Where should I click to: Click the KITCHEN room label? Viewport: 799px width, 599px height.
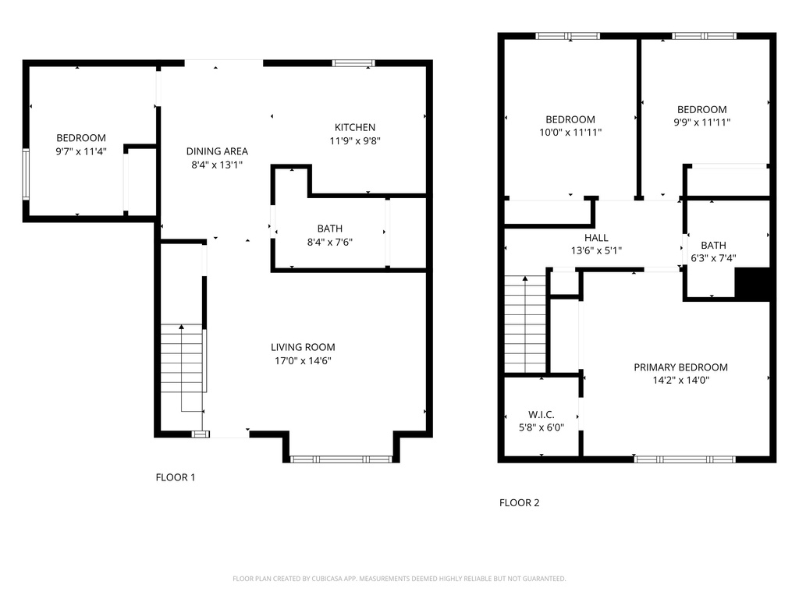point(355,127)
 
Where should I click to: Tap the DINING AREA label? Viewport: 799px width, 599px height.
point(217,151)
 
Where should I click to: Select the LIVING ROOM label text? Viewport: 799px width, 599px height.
point(303,347)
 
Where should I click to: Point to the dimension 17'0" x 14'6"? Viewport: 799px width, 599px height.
point(303,361)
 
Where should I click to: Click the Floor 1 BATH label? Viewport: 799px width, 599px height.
point(330,229)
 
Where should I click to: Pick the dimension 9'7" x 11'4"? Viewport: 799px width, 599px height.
point(81,151)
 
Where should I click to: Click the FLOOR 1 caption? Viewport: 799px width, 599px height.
point(176,477)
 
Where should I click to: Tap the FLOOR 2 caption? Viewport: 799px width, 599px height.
point(519,503)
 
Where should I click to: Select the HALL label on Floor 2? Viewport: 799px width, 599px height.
point(596,238)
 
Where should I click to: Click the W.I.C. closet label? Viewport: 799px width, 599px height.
point(542,415)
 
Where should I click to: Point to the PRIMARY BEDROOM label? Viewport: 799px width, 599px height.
point(680,367)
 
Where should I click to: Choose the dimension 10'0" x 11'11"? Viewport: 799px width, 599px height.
point(570,133)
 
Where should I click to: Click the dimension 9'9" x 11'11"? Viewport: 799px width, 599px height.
point(701,122)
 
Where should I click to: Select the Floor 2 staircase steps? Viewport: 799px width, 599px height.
point(525,324)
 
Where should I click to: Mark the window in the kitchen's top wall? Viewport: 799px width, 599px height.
point(353,63)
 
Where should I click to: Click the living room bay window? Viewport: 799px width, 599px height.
point(341,459)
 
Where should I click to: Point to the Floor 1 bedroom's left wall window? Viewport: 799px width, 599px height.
point(26,174)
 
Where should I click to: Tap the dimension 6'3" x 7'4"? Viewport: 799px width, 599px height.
point(713,259)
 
